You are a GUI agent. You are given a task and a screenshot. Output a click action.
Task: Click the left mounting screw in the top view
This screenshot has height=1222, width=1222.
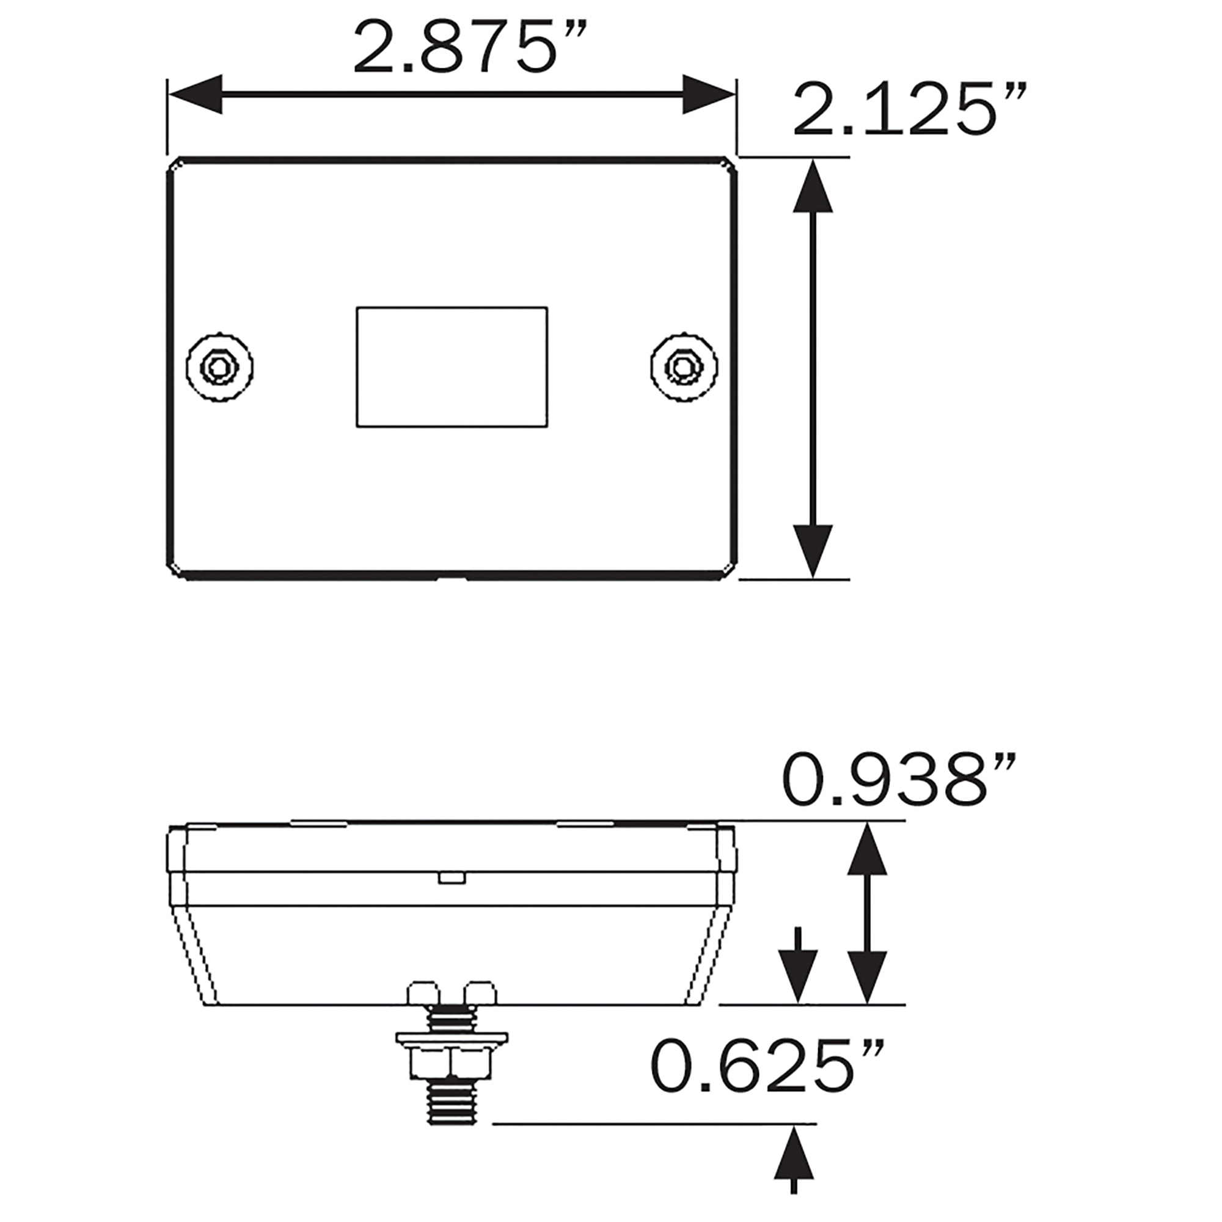(220, 366)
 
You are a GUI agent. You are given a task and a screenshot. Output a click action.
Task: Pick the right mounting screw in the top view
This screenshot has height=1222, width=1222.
(684, 366)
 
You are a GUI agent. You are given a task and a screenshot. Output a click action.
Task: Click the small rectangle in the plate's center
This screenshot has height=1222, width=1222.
(452, 367)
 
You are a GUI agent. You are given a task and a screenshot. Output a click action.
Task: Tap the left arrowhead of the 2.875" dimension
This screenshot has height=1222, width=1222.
(196, 94)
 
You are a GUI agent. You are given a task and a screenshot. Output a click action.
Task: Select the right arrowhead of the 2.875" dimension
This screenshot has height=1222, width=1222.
(709, 94)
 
